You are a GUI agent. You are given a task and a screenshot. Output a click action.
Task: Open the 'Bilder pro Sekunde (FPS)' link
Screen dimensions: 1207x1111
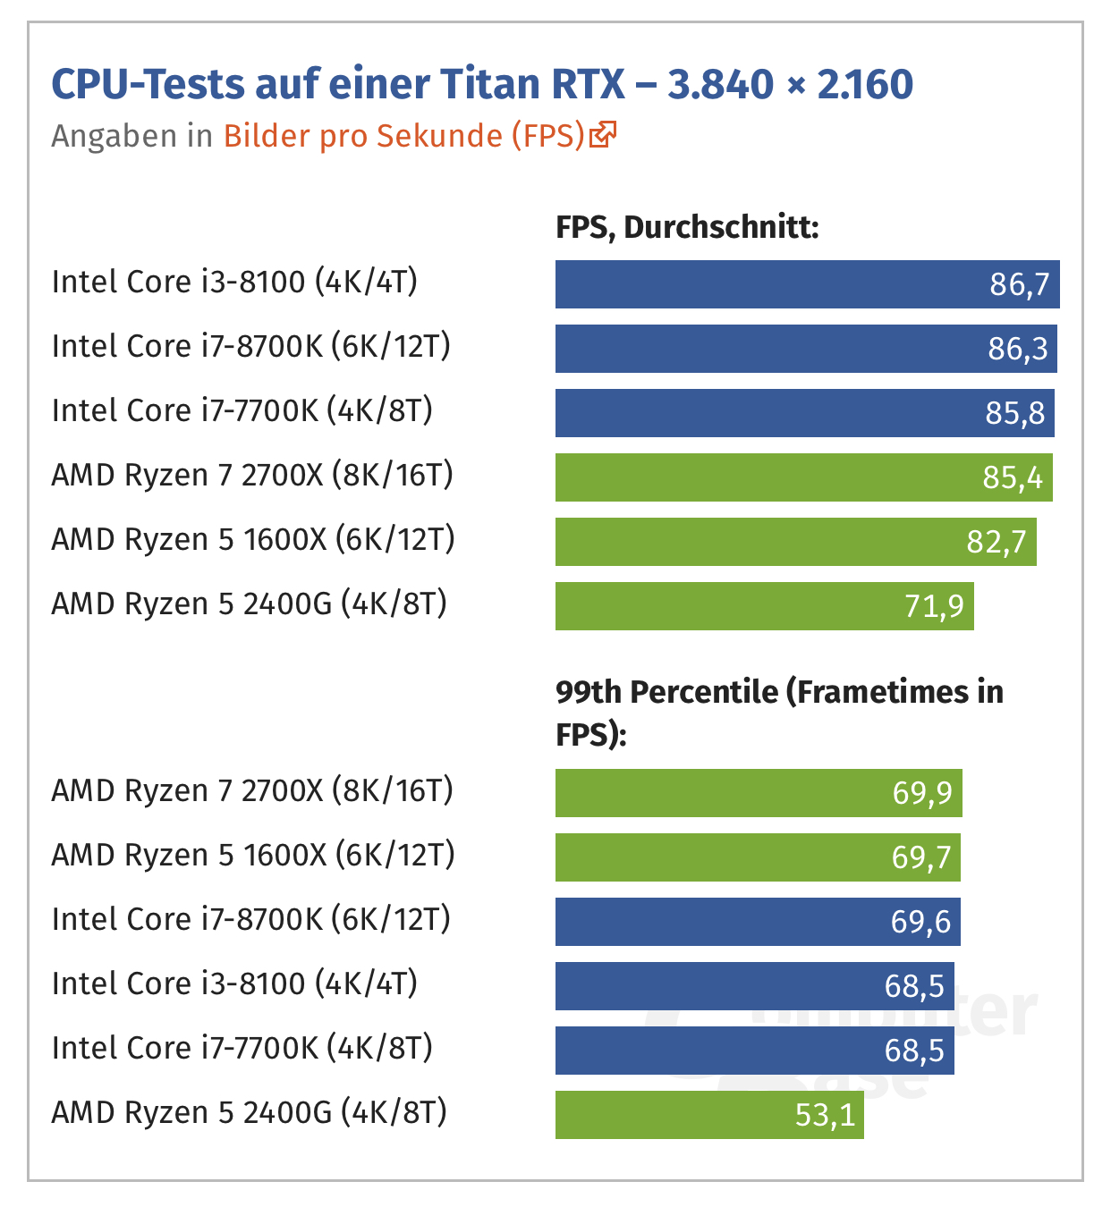pyautogui.click(x=403, y=136)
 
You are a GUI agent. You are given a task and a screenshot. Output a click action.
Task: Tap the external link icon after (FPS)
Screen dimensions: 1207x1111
pyautogui.click(x=604, y=134)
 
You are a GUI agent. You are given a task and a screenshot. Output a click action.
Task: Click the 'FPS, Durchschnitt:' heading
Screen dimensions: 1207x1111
pyautogui.click(x=687, y=227)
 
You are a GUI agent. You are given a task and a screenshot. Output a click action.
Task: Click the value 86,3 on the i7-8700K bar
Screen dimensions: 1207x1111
pyautogui.click(x=1017, y=349)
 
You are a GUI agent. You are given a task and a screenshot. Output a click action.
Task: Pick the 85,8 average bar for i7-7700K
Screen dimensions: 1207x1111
pyautogui.click(x=804, y=413)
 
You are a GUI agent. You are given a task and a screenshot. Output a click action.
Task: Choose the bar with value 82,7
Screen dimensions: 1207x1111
pyautogui.click(x=795, y=542)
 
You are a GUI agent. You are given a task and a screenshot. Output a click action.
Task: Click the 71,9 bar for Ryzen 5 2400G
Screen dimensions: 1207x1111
pyautogui.click(x=764, y=606)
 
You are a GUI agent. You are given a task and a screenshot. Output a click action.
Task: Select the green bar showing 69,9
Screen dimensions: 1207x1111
pyautogui.click(x=759, y=793)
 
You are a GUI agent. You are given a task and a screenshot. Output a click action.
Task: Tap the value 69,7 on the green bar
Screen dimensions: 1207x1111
pyautogui.click(x=921, y=857)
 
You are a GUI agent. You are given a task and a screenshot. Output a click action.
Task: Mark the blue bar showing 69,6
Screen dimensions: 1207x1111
pyautogui.click(x=758, y=922)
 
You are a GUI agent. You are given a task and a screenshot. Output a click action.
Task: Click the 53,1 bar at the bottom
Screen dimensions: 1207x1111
pyautogui.click(x=709, y=1115)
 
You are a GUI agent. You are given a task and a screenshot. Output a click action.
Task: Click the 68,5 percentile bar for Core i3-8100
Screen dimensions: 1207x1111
pyautogui.click(x=754, y=986)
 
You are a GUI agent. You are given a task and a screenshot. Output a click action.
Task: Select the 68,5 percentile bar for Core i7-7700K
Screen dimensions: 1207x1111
pyautogui.click(x=754, y=1051)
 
